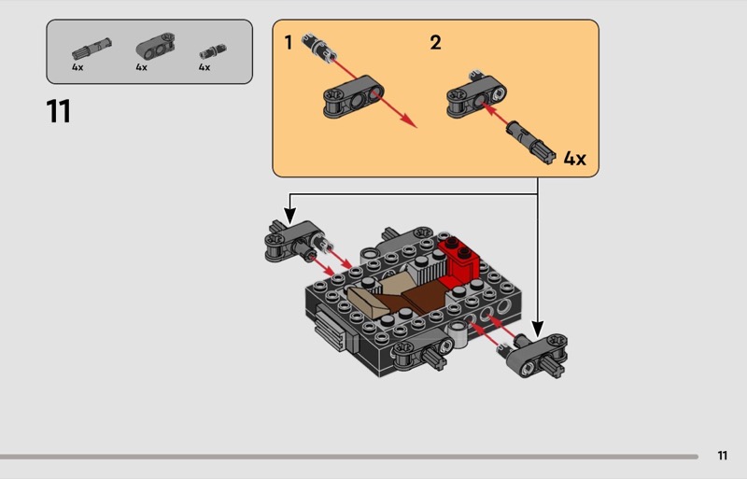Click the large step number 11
58,112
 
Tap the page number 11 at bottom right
722,456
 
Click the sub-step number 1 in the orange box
289,42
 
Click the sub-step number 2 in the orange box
435,42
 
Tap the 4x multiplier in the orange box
574,158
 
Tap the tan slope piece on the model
377,297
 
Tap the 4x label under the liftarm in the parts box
142,68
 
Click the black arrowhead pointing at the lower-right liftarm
538,328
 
